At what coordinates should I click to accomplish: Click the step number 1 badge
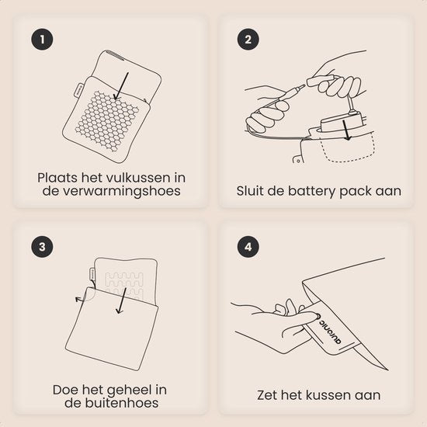[x=42, y=40]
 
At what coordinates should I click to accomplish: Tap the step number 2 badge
[x=248, y=40]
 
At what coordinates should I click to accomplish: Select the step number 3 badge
[x=42, y=247]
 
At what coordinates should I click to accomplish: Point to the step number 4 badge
[x=248, y=247]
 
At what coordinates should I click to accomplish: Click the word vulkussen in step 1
[x=137, y=178]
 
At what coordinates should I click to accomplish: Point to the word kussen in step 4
[x=330, y=395]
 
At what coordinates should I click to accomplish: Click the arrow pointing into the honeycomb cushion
[x=121, y=86]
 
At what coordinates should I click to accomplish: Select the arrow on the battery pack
[x=346, y=130]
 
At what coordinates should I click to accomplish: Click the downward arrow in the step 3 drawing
[x=121, y=301]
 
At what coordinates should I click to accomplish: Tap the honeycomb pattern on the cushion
[x=107, y=120]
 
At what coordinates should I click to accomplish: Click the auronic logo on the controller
[x=330, y=330]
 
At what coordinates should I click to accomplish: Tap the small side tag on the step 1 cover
[x=78, y=90]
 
